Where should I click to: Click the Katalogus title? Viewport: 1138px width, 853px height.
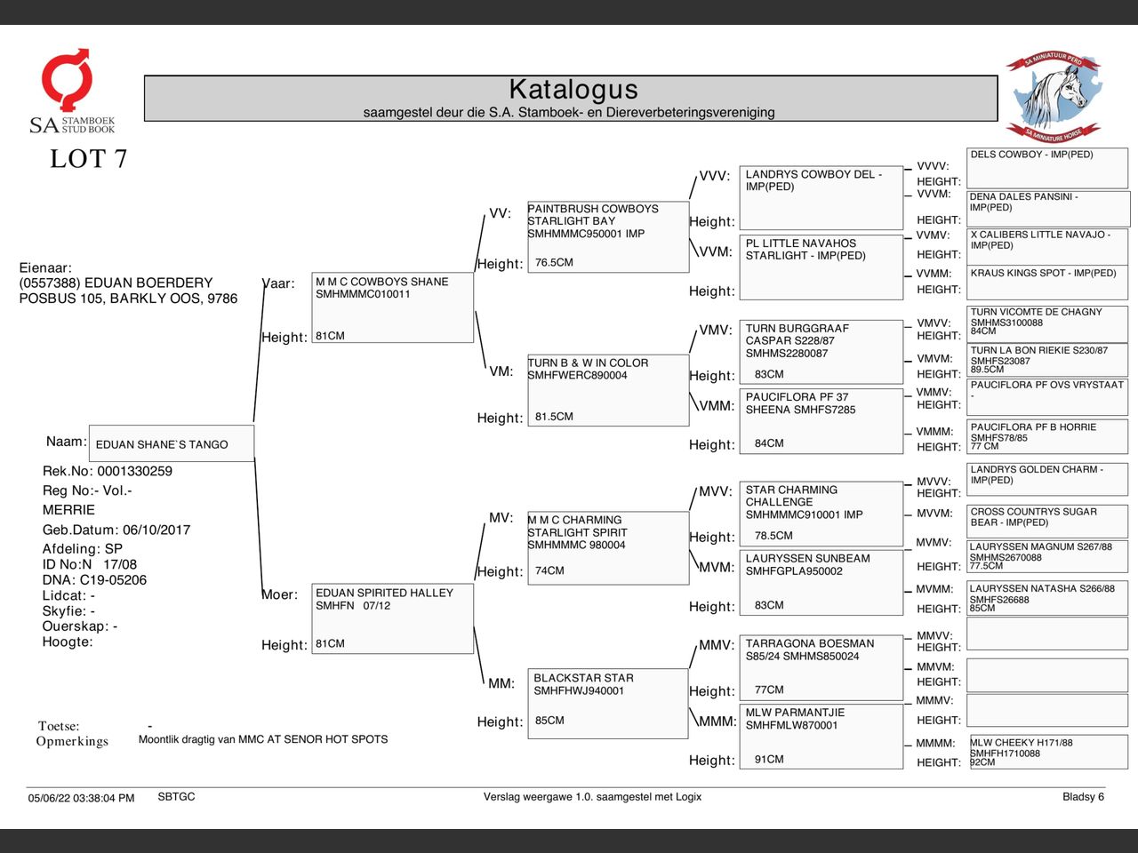click(573, 90)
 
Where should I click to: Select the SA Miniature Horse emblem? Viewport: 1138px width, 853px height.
click(1054, 96)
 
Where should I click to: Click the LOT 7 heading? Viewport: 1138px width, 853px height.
click(88, 159)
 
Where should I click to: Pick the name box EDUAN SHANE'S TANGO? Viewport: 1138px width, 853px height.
click(172, 443)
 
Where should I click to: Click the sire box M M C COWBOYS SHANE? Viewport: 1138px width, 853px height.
click(392, 307)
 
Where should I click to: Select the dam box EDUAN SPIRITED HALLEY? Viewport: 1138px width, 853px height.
click(392, 618)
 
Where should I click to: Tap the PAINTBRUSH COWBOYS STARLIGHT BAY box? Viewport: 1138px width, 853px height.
click(608, 236)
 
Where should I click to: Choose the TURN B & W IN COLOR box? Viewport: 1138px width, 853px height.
click(608, 390)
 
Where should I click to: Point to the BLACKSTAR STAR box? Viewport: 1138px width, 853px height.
click(608, 703)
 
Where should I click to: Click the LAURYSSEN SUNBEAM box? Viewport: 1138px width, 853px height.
click(821, 582)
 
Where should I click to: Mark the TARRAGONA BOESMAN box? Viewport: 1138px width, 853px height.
click(821, 667)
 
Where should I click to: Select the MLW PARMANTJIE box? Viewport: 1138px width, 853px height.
click(821, 736)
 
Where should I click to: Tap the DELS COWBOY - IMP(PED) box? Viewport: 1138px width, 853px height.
click(1047, 168)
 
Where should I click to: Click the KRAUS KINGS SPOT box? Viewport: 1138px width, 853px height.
click(1047, 282)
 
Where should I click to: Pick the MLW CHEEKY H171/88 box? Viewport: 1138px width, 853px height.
click(1047, 752)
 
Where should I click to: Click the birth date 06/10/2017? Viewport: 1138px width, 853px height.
click(156, 530)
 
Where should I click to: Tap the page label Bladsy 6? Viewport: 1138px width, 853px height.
click(1083, 797)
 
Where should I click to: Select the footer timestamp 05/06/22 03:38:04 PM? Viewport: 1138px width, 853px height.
click(81, 798)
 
